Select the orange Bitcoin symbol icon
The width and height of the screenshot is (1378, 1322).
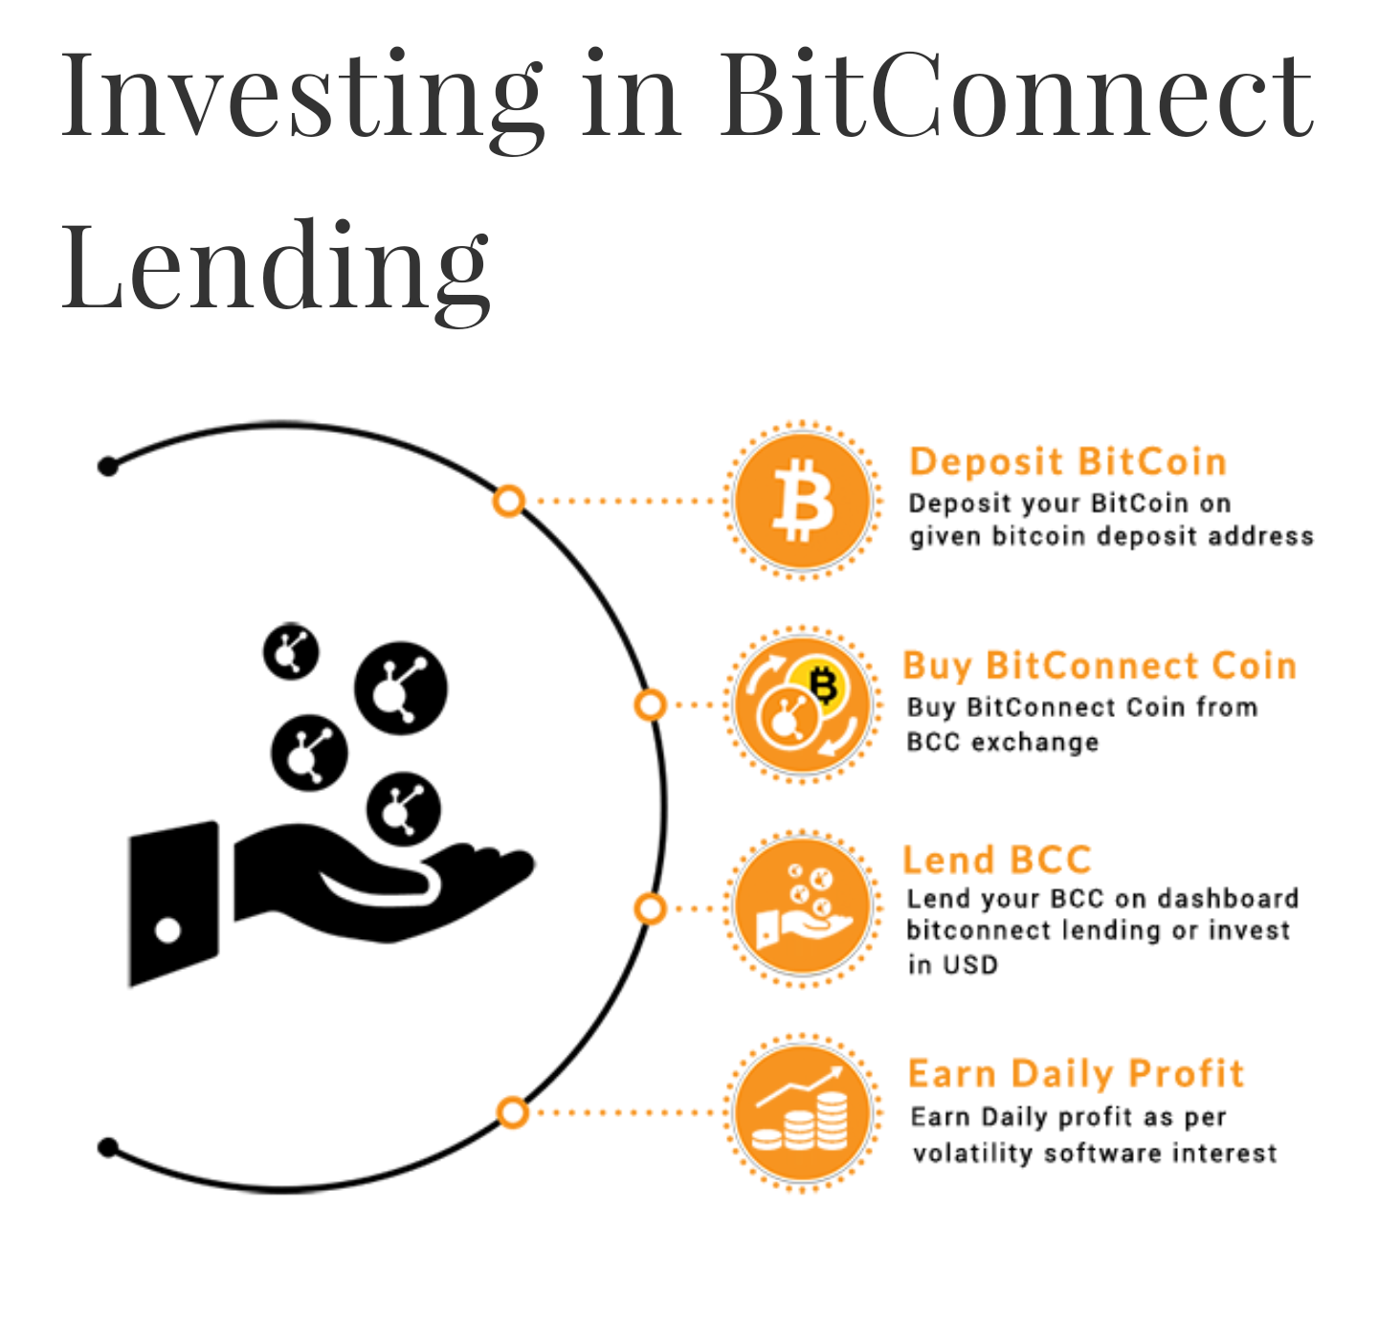(802, 501)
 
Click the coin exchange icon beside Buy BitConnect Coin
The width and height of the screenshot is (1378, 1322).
(802, 706)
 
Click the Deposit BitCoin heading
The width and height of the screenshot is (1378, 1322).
(1067, 461)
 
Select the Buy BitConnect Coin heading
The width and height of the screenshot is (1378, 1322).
(1100, 665)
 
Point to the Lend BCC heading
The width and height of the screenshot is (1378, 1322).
(996, 860)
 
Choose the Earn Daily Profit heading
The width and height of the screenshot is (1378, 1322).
(1076, 1074)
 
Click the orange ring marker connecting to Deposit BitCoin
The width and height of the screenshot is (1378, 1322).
(510, 501)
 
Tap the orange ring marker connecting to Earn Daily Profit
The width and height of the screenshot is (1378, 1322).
(513, 1112)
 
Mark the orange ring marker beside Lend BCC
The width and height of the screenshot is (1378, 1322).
(651, 908)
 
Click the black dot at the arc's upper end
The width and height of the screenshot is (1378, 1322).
(108, 466)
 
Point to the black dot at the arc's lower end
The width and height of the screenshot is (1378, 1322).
(108, 1147)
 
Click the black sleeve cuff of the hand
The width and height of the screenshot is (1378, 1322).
(173, 903)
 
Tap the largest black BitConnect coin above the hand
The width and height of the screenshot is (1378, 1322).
(400, 688)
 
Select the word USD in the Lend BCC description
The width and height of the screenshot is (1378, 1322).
(970, 965)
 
